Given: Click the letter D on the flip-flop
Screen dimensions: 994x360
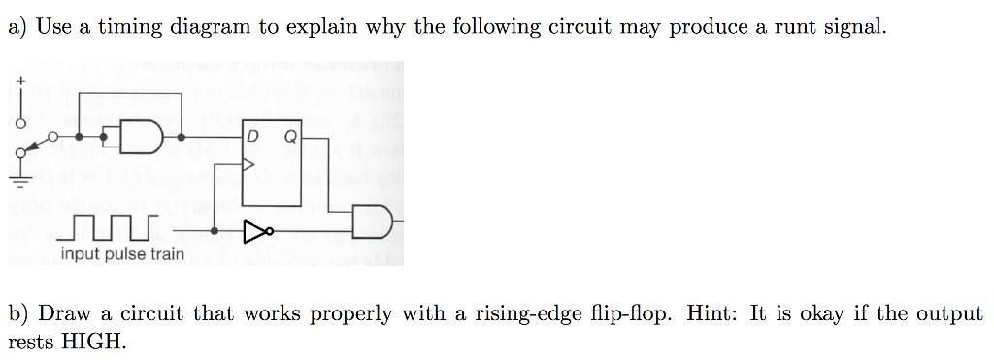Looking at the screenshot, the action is tap(251, 137).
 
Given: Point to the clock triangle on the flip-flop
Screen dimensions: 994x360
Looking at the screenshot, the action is tap(248, 164).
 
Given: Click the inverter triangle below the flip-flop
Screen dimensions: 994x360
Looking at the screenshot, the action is tap(253, 231).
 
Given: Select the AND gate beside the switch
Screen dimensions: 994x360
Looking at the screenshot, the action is tap(138, 137).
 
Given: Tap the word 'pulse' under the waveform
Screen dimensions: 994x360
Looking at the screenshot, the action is tap(122, 254).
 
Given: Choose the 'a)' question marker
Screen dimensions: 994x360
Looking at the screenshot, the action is tap(17, 26).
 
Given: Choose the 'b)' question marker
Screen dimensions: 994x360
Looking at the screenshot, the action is tap(18, 313).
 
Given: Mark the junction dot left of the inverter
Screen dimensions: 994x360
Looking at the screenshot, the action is tap(214, 231).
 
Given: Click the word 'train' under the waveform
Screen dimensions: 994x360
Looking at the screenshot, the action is tap(164, 254).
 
